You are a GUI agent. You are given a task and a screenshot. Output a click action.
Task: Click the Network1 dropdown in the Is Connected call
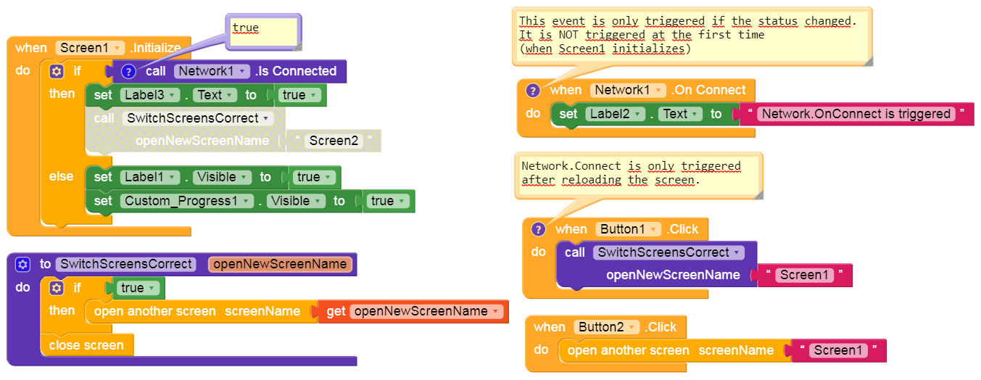click(x=212, y=71)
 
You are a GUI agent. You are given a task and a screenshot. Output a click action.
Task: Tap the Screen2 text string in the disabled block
click(x=334, y=141)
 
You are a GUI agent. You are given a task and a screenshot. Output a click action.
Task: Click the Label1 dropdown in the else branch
click(x=151, y=177)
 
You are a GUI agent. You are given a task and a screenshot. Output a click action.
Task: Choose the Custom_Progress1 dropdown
click(x=187, y=201)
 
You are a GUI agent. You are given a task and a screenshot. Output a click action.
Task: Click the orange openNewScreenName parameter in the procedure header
click(x=280, y=264)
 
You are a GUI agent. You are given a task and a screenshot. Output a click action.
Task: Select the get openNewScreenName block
click(x=413, y=311)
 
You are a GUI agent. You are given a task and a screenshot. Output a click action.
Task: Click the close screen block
click(x=86, y=345)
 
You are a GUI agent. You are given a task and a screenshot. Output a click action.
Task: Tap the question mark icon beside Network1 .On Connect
click(x=533, y=91)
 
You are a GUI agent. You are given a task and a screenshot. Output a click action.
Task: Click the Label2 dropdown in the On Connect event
click(x=616, y=114)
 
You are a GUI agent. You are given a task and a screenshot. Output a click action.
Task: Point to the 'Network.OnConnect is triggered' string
click(x=856, y=114)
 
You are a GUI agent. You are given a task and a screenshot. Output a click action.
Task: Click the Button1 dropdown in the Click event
click(x=628, y=229)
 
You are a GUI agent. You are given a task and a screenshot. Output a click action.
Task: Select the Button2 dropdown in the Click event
click(x=605, y=327)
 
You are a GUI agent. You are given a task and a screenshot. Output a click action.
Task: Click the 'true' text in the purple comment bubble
click(x=245, y=28)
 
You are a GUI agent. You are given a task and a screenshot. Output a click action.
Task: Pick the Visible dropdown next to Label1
click(x=221, y=177)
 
